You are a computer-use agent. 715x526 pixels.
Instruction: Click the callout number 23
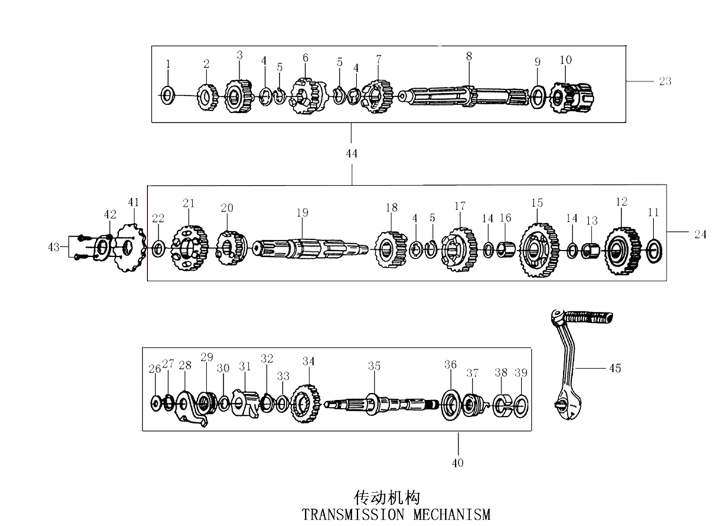(665, 81)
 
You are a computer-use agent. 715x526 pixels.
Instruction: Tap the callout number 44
(351, 153)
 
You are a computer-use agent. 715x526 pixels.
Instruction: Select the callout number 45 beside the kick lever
(615, 368)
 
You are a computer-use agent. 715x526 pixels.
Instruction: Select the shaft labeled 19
(307, 249)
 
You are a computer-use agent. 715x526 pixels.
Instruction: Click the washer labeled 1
(168, 94)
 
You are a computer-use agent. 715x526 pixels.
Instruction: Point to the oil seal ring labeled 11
(654, 250)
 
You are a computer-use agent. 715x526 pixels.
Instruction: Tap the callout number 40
(458, 462)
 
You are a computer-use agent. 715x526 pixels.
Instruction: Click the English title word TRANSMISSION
(352, 514)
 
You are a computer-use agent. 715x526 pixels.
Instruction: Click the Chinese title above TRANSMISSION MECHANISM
(387, 496)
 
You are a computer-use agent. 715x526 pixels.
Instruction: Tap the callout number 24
(700, 234)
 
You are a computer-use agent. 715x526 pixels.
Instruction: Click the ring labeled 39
(521, 405)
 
